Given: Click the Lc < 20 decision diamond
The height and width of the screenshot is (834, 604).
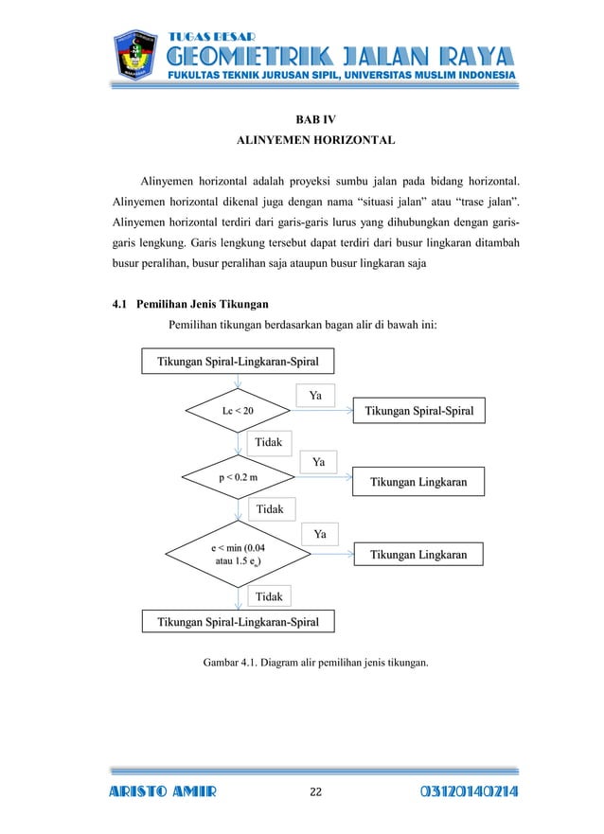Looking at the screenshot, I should click(x=239, y=411).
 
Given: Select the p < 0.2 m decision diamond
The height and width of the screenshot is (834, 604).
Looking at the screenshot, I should click(x=239, y=478).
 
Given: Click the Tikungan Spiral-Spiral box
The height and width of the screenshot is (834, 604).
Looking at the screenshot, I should click(x=419, y=411).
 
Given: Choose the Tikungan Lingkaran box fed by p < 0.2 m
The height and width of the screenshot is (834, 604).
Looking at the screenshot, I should click(x=417, y=482).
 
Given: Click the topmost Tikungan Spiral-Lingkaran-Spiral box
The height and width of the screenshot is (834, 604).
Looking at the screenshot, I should click(x=238, y=362).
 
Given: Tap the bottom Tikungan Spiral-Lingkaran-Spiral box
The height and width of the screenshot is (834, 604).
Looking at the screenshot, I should click(x=238, y=622).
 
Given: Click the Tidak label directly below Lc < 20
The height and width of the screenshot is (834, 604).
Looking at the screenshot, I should click(x=270, y=442).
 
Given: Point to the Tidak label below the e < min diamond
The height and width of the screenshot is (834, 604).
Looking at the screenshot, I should click(x=270, y=595).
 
